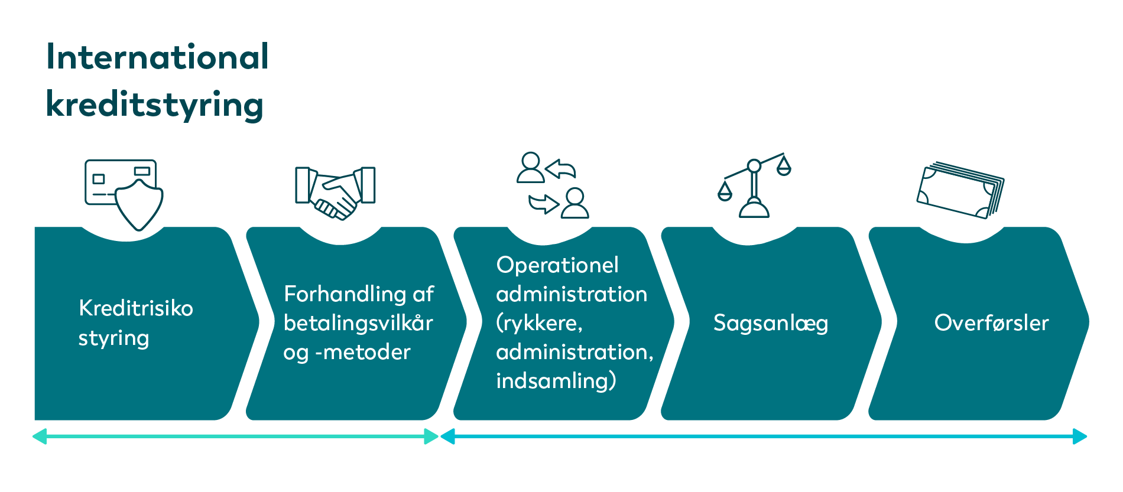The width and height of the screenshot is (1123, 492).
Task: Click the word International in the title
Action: pyautogui.click(x=158, y=57)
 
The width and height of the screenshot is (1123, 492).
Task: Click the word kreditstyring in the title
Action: pyautogui.click(x=154, y=105)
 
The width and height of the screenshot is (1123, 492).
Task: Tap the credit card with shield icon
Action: pyautogui.click(x=124, y=194)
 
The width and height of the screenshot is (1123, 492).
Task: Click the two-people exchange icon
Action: pyautogui.click(x=553, y=185)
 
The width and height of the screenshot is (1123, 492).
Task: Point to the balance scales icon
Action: pyautogui.click(x=754, y=185)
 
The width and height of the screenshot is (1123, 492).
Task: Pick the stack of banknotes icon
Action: pyautogui.click(x=960, y=190)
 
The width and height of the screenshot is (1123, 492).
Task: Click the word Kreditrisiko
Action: pyautogui.click(x=136, y=308)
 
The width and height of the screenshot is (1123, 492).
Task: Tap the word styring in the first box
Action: pyautogui.click(x=114, y=338)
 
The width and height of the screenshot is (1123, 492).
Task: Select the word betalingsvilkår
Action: pyautogui.click(x=358, y=322)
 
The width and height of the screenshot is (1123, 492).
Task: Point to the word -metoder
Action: pyautogui.click(x=363, y=352)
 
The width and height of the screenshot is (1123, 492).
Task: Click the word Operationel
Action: pyautogui.click(x=557, y=265)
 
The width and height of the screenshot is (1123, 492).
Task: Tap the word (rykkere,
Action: pyautogui.click(x=540, y=323)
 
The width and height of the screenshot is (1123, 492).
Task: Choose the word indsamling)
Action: pyautogui.click(x=556, y=380)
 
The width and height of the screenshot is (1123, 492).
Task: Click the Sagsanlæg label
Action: pyautogui.click(x=771, y=323)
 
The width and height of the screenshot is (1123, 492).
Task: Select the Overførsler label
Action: pyautogui.click(x=991, y=322)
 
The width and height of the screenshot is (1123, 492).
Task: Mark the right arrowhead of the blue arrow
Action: pyautogui.click(x=1080, y=436)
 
